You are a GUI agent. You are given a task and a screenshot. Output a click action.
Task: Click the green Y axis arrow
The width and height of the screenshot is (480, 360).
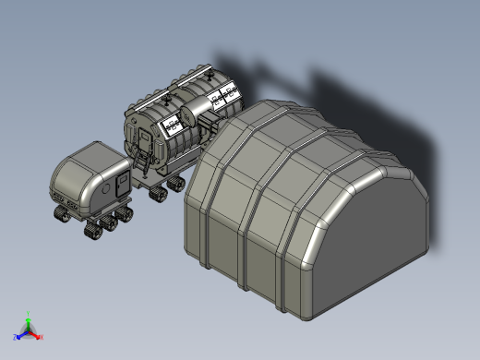click(x=29, y=317)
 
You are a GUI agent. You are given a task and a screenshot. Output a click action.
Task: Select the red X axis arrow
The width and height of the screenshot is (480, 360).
click(x=38, y=336)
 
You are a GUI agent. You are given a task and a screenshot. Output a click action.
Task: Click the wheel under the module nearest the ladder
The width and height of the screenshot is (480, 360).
click(x=155, y=193)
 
